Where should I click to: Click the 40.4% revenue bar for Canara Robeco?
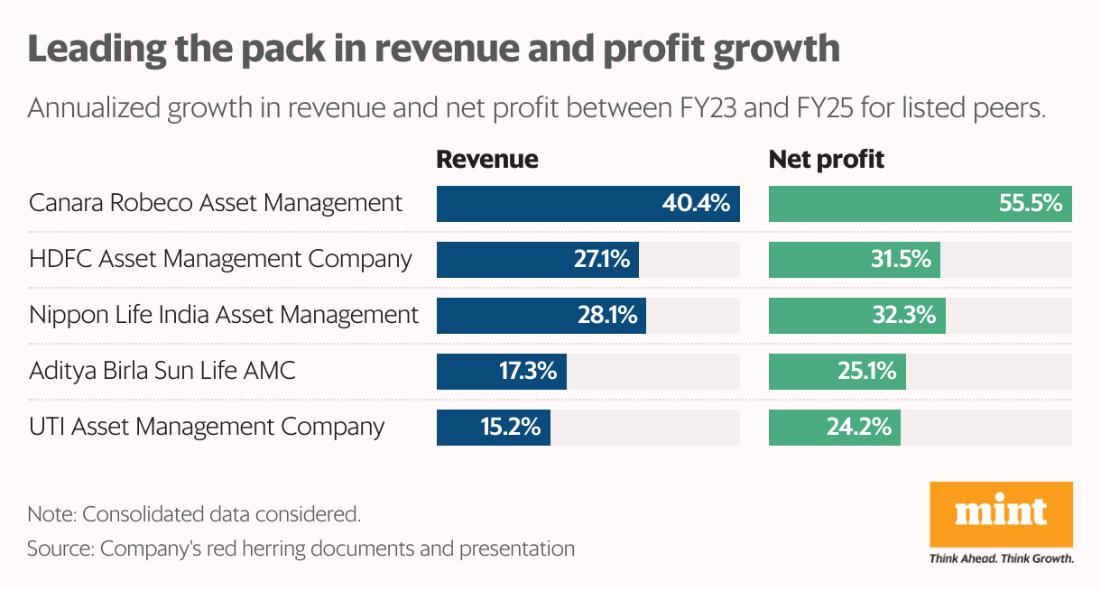[x=588, y=204]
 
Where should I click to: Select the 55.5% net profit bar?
[x=921, y=204]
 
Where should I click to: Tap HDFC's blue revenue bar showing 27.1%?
[x=538, y=260]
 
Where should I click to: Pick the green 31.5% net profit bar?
[x=854, y=260]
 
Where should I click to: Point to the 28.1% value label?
[x=607, y=316]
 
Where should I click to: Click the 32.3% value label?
[x=905, y=316]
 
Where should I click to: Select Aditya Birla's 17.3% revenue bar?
[x=501, y=372]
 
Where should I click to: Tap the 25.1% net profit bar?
[x=837, y=372]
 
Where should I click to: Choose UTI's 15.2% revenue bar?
[x=493, y=428]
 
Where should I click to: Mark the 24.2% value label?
[x=859, y=428]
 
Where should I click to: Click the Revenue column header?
[x=487, y=160]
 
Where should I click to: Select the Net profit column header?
[x=826, y=160]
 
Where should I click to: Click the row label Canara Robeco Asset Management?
[x=216, y=203]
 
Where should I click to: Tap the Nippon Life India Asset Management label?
[x=224, y=315]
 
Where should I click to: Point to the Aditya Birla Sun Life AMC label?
[x=162, y=371]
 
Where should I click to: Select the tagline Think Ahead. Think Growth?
[x=1001, y=558]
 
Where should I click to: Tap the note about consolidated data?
[x=194, y=515]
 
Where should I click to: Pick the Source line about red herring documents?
[x=301, y=548]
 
